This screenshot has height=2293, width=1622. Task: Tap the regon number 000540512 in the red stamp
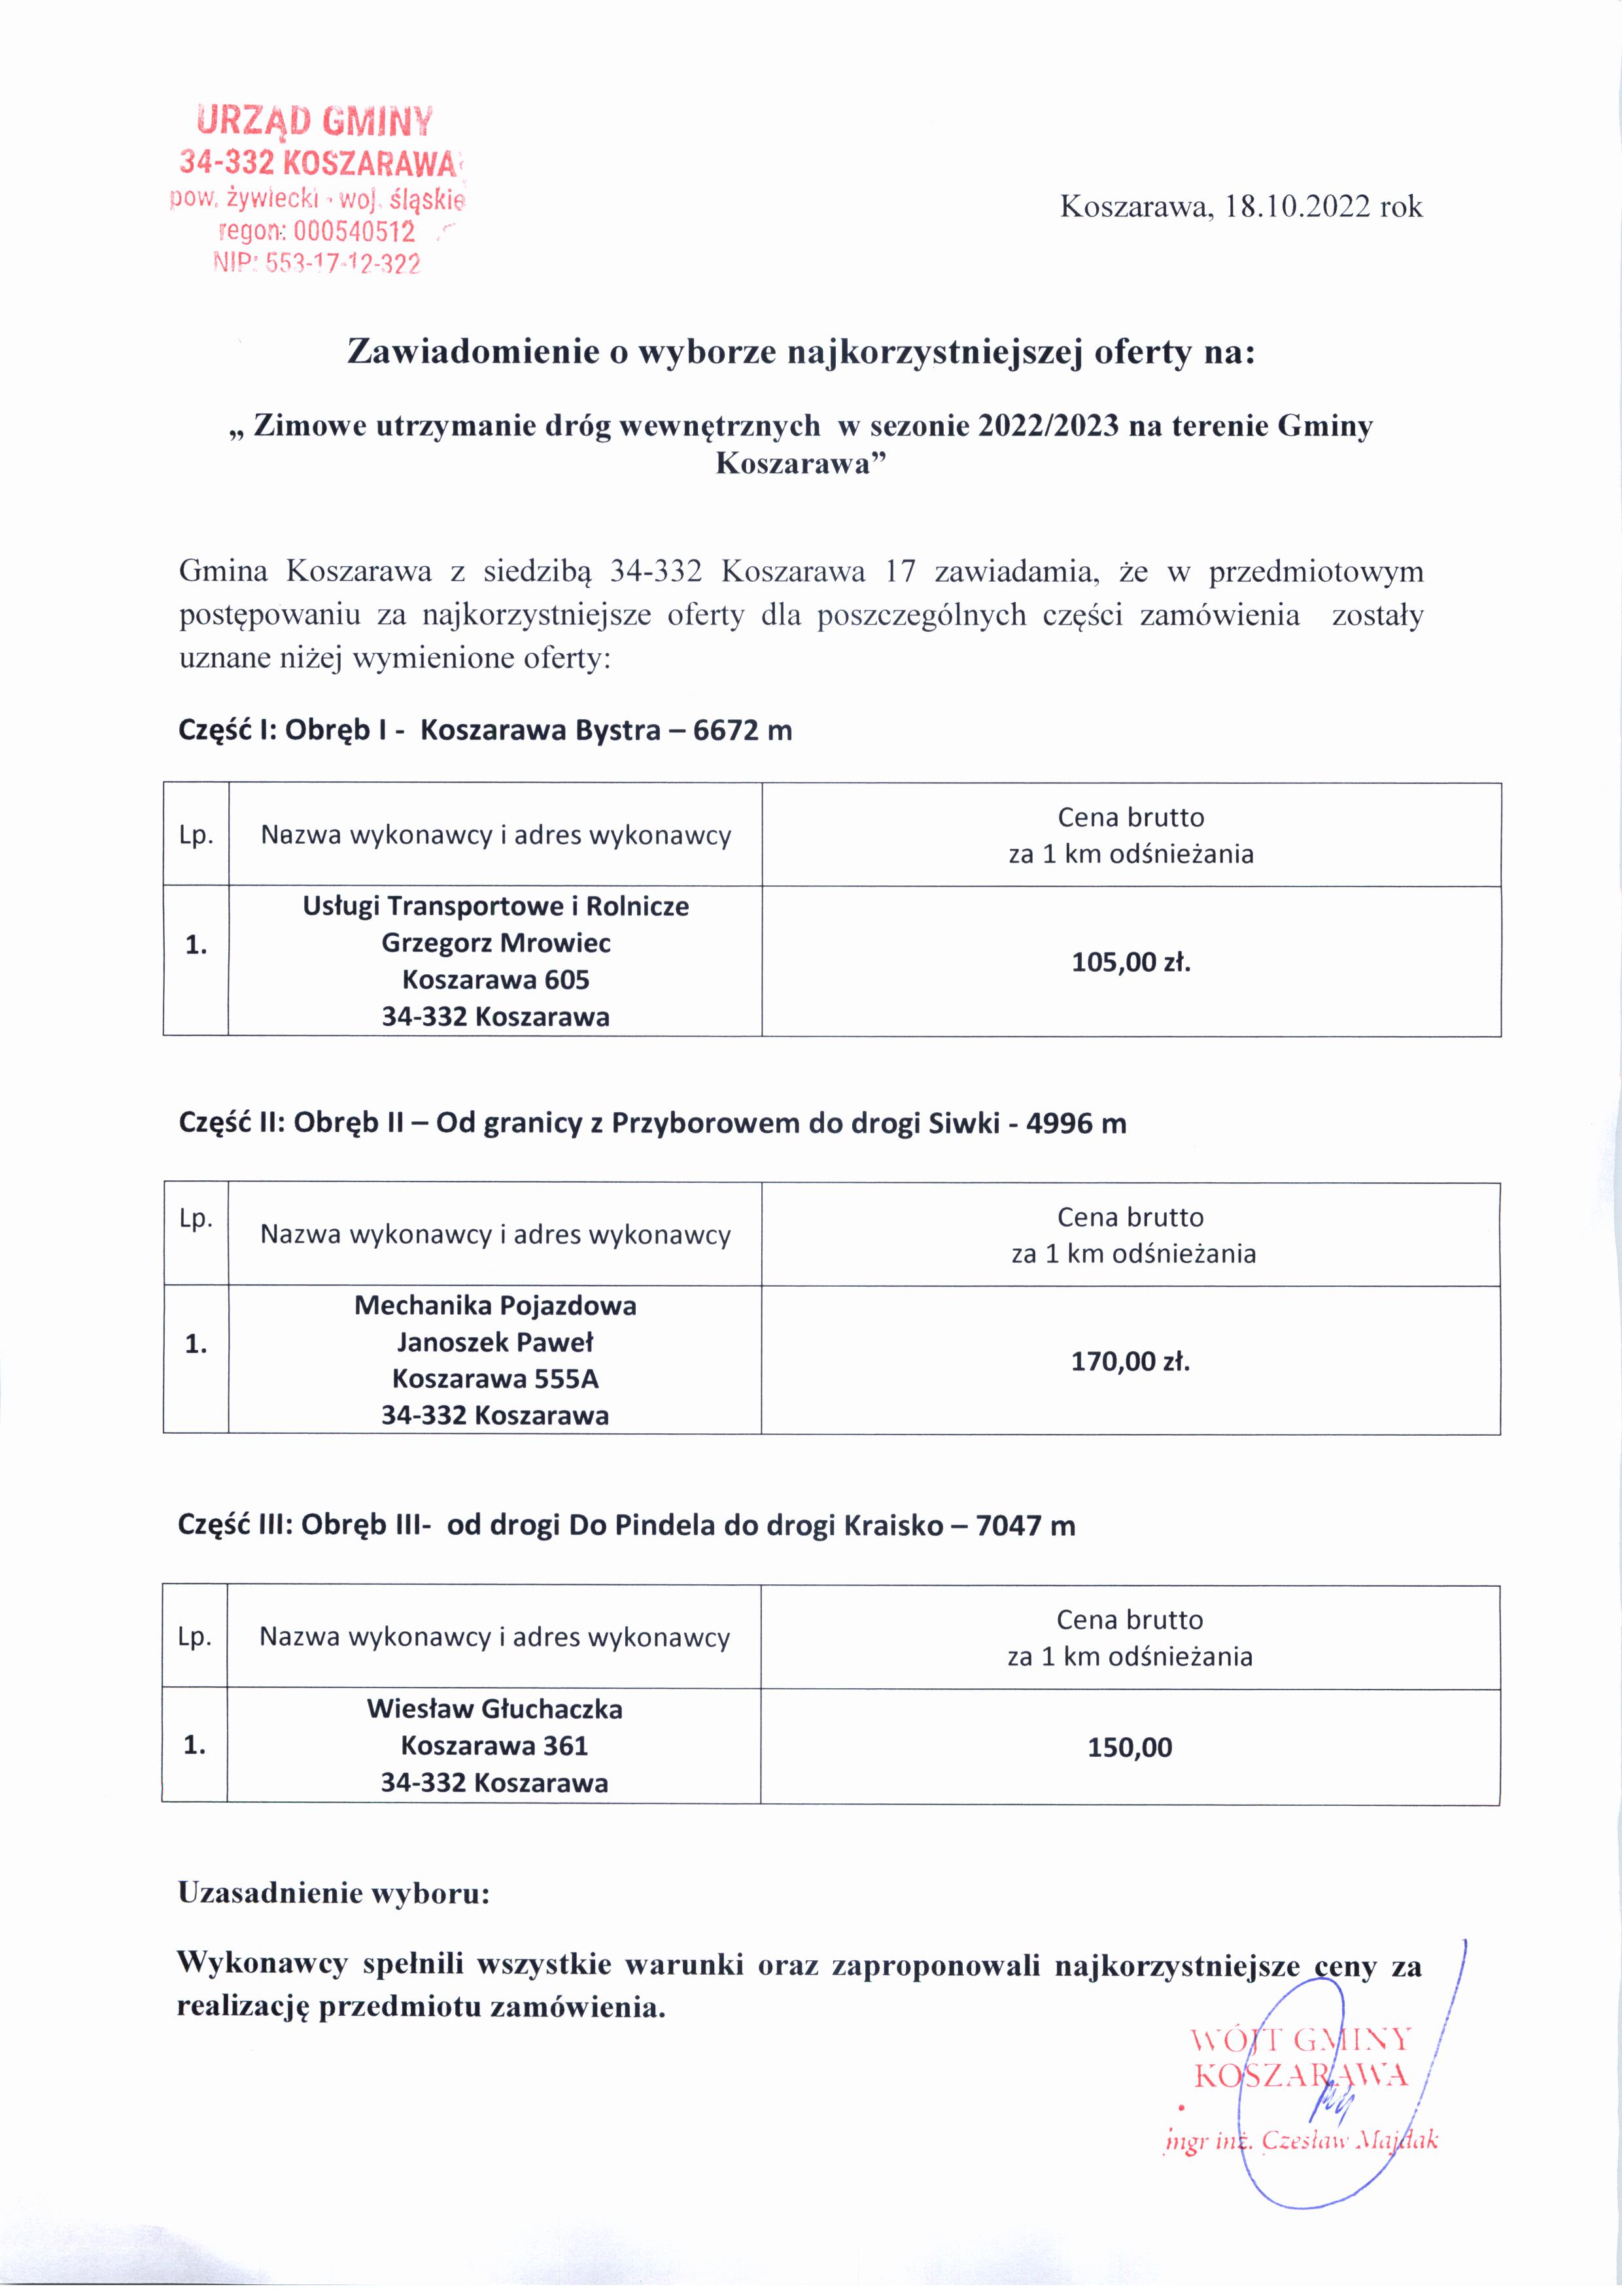(x=354, y=233)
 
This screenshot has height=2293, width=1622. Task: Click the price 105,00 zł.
(x=1131, y=962)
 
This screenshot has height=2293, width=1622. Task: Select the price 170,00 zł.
(x=1131, y=1361)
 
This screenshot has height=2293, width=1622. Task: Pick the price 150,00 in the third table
(x=1130, y=1748)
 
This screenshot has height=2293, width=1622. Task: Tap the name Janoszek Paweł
(x=495, y=1342)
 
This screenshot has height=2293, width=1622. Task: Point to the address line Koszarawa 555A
(x=495, y=1379)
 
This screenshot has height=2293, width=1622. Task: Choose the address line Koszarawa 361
(x=494, y=1746)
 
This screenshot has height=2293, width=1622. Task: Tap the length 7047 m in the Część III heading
(x=1025, y=1526)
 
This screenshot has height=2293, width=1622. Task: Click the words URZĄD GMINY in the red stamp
(x=316, y=122)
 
